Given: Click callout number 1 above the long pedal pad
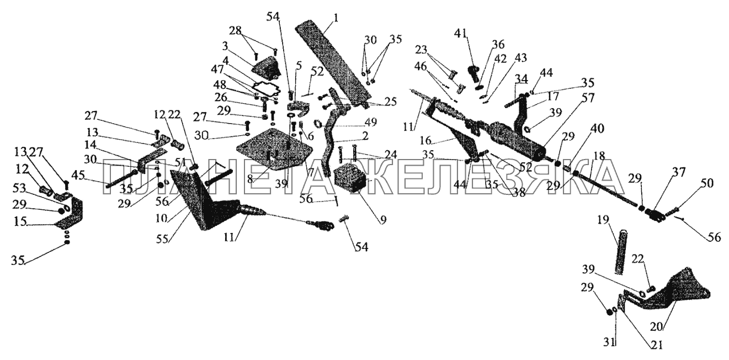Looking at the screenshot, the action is point(335,18).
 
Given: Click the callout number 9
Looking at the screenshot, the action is point(383,220).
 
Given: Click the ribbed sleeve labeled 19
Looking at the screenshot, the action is point(621,252).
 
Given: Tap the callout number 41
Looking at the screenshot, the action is point(460,33).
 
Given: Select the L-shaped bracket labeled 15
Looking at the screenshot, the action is point(70,214).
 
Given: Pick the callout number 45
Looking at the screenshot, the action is point(78,176).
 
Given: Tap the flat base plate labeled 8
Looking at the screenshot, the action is point(274,149).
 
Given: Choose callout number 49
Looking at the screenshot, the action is point(370,123).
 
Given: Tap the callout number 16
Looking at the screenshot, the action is point(425,141).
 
